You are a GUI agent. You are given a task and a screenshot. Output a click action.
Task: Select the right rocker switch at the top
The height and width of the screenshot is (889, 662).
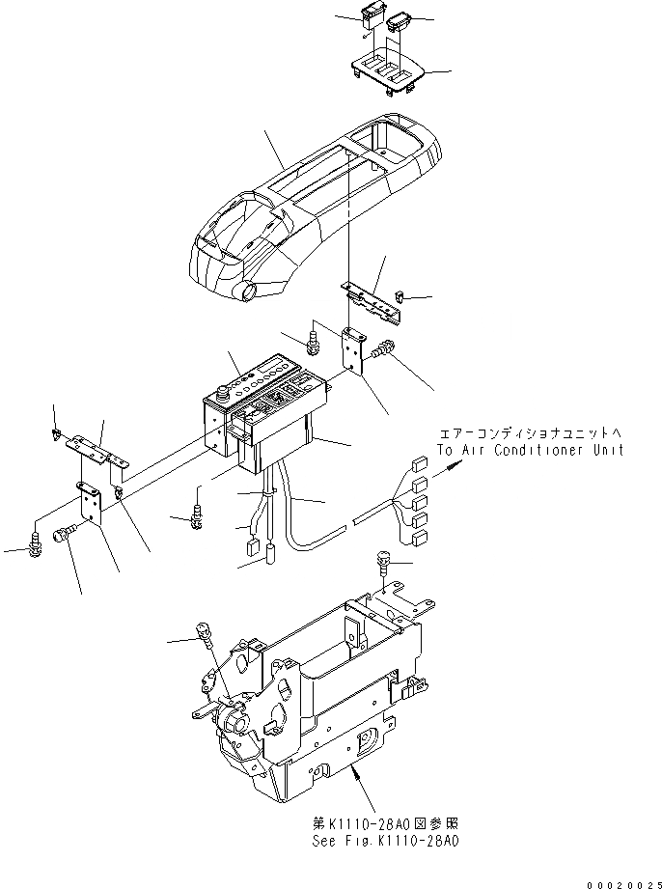click(x=400, y=20)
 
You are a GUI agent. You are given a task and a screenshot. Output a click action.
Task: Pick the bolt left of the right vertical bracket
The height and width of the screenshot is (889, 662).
click(x=313, y=338)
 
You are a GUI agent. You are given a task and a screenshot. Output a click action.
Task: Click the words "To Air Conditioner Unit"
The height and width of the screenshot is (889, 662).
click(x=530, y=450)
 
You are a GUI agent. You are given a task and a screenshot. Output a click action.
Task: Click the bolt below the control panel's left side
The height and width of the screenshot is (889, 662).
click(x=198, y=515)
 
